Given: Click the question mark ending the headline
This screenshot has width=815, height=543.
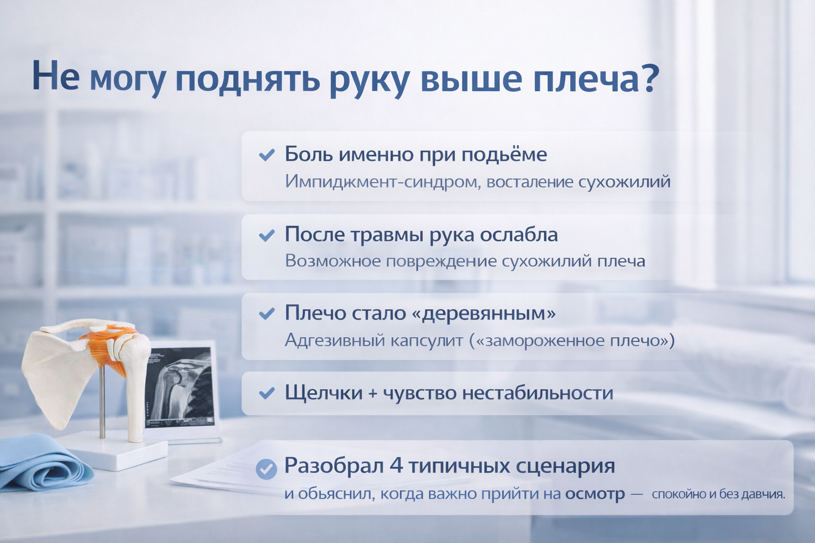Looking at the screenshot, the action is (649, 77).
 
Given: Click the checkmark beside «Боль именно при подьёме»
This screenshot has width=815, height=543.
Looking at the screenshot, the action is (267, 155).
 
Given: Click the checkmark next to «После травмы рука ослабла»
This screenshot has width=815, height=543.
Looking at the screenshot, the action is (267, 235).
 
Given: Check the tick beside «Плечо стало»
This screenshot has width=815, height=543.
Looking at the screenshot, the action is (267, 313).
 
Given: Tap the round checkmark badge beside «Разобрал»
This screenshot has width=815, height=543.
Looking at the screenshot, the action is (266, 469).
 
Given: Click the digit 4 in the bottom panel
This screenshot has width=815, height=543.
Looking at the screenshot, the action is (396, 466).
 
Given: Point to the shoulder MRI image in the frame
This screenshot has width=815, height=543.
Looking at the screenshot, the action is (178, 387).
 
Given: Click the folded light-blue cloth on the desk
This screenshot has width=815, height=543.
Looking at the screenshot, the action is (44, 463).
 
